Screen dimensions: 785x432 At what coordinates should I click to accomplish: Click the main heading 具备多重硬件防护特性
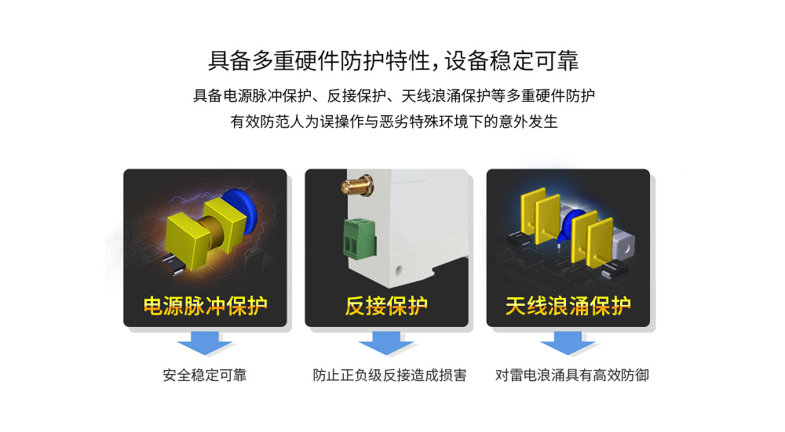tap(319, 61)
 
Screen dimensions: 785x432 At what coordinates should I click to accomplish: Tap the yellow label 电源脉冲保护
tap(205, 306)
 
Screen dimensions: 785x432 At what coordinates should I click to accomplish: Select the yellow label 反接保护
tap(386, 306)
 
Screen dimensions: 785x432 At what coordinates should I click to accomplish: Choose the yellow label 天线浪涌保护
tap(568, 306)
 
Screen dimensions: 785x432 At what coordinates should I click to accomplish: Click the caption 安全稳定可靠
tap(205, 375)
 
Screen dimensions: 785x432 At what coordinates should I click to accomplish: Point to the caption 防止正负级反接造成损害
tap(389, 375)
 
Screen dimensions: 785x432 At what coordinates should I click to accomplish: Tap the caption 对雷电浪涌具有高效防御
tap(571, 375)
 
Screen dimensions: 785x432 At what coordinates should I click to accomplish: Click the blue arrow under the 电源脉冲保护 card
tap(205, 343)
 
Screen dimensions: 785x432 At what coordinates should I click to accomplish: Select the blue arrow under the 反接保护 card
tap(386, 343)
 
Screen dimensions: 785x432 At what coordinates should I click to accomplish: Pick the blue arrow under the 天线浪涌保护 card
tap(568, 343)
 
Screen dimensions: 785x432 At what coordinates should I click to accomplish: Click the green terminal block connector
tap(360, 238)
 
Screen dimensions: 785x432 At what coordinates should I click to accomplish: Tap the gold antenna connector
tap(357, 186)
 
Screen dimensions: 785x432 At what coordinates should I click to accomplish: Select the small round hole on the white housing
tap(399, 271)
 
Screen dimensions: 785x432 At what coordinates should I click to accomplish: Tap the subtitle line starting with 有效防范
tap(394, 122)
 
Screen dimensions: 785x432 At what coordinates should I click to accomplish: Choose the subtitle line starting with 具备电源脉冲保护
tap(394, 96)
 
